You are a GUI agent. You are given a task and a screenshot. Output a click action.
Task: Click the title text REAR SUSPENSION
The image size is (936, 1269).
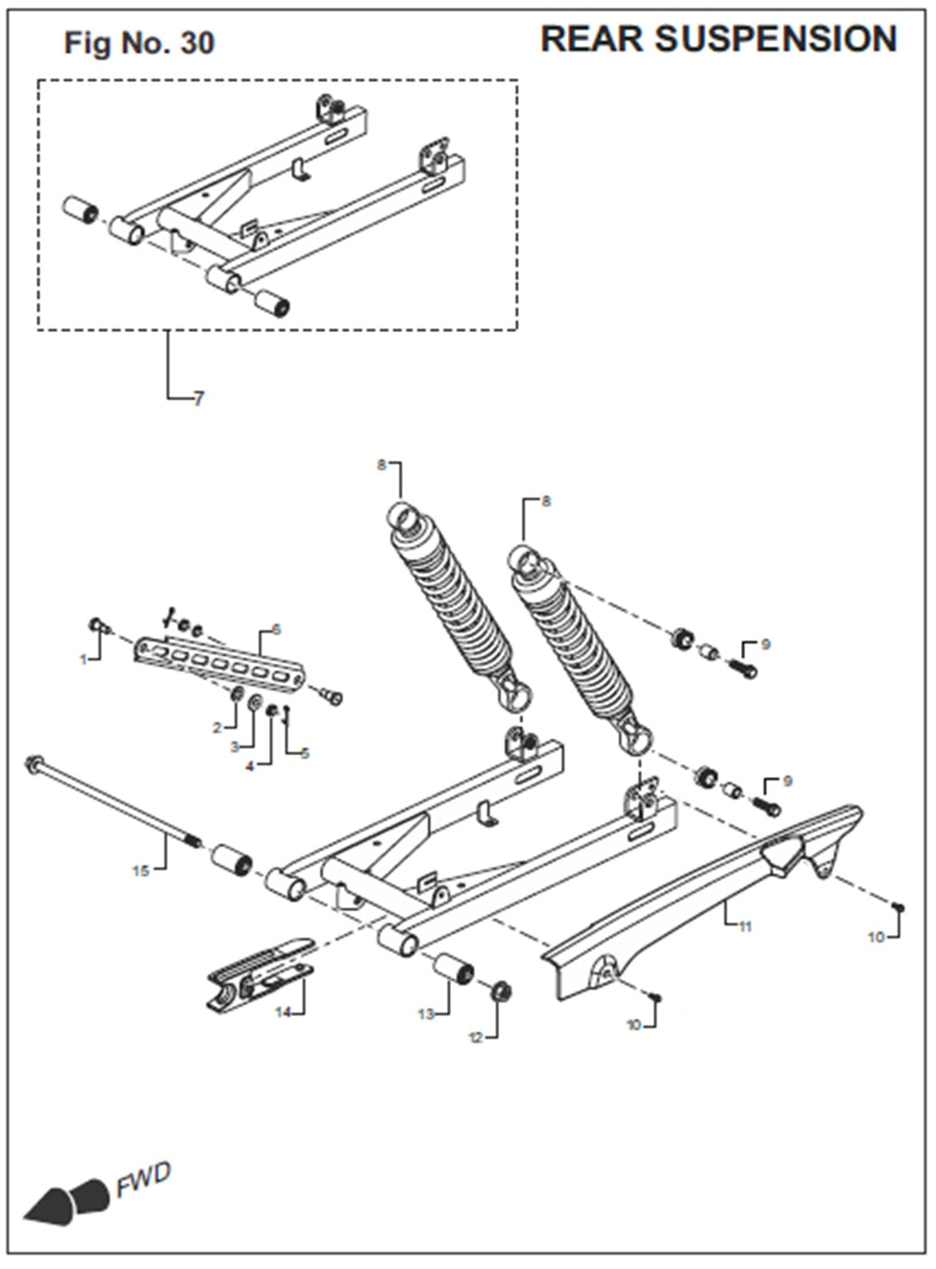coord(718,39)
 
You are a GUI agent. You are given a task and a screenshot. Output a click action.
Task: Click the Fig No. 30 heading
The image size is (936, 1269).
coord(139,42)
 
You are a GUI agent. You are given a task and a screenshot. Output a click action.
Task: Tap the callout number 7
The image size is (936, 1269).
coord(199,399)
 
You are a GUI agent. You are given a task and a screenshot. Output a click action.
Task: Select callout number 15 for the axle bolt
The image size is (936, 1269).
coord(140,871)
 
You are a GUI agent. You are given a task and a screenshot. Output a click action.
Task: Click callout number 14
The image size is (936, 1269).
coord(283,1013)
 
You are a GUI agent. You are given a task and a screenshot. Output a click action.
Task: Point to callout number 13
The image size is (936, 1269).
coord(426,1014)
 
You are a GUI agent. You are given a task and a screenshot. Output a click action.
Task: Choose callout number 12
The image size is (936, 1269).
coord(476,1038)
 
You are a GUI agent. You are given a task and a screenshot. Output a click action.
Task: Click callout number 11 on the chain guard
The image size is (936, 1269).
coord(745,926)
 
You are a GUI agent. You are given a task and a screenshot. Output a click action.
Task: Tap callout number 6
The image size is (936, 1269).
coord(276,628)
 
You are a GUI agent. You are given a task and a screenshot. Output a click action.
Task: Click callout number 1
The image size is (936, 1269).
coord(84,660)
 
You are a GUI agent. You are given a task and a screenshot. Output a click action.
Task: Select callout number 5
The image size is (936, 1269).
coord(305,753)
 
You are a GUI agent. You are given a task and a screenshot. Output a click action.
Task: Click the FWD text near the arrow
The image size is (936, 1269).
coord(143,1180)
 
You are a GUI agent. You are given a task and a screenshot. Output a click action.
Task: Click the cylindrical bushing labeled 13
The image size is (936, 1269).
coord(456,973)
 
